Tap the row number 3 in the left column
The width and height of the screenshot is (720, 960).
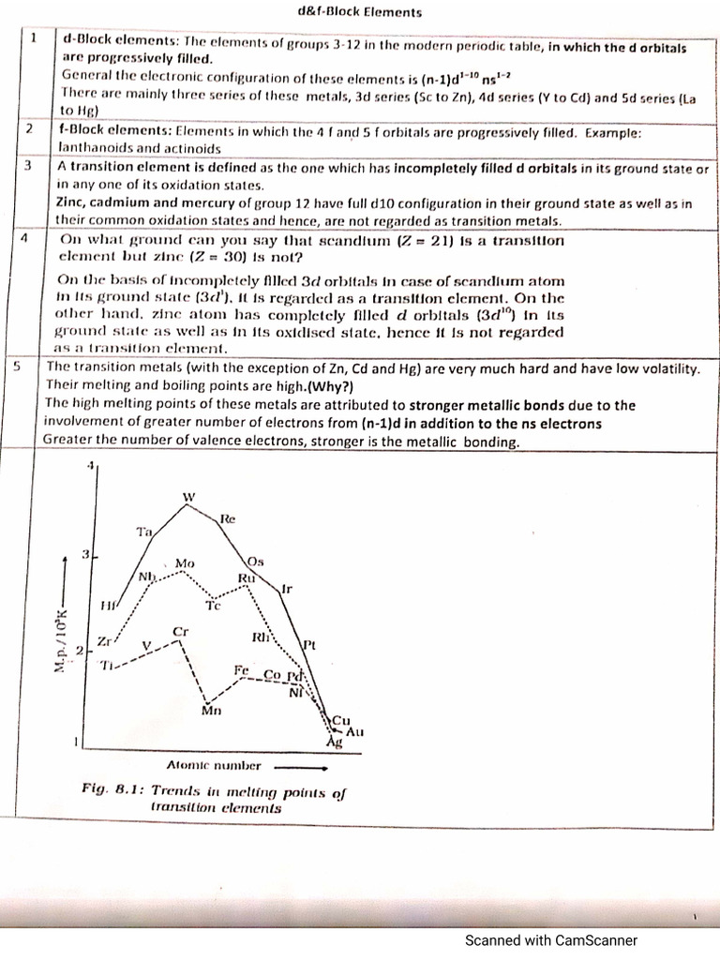pyautogui.click(x=29, y=165)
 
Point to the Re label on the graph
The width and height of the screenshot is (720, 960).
pyautogui.click(x=228, y=518)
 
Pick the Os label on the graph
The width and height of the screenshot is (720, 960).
pyautogui.click(x=255, y=561)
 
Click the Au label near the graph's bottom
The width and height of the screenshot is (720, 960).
pyautogui.click(x=354, y=730)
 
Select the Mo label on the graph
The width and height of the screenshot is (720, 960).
pyautogui.click(x=184, y=563)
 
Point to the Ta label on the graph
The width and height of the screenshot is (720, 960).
pyautogui.click(x=144, y=532)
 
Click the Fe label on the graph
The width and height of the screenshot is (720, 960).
pyautogui.click(x=243, y=671)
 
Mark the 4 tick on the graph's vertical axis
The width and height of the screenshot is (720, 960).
pyautogui.click(x=90, y=466)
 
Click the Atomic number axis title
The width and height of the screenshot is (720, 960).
pyautogui.click(x=214, y=765)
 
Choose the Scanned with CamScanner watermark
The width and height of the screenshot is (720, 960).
pyautogui.click(x=551, y=940)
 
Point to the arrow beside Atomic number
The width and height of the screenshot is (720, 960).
pyautogui.click(x=292, y=766)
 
